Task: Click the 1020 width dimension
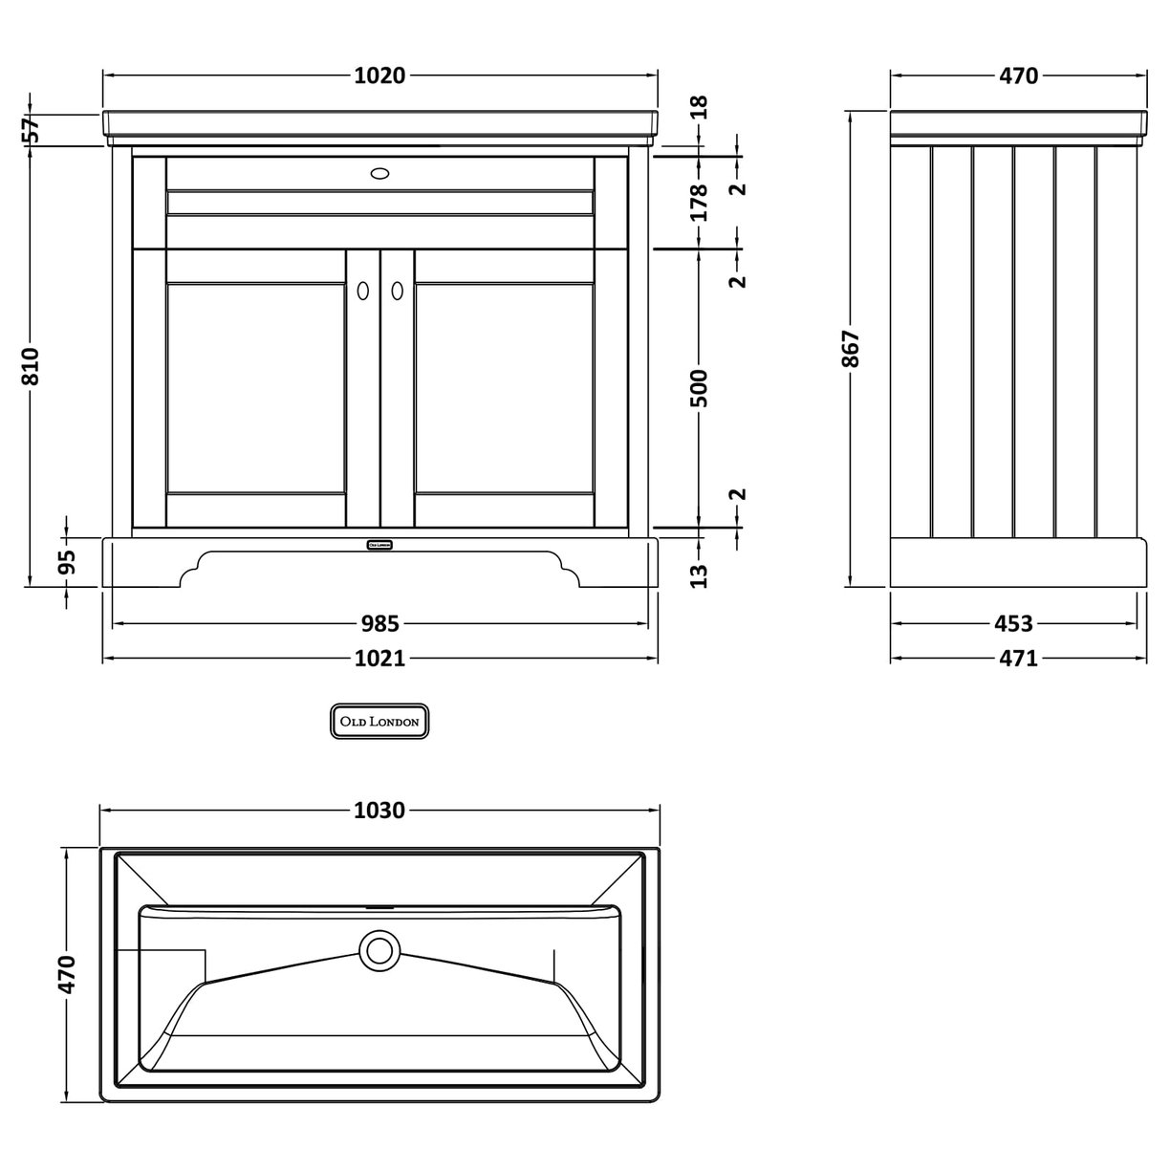(x=380, y=76)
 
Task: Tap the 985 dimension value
(x=379, y=624)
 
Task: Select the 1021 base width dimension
(x=380, y=659)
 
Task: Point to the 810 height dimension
(x=32, y=367)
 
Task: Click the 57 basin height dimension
(x=32, y=130)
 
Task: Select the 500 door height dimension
(x=700, y=387)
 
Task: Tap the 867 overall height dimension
(x=852, y=349)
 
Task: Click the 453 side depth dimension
(x=1013, y=624)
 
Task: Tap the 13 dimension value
(x=700, y=574)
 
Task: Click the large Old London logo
(x=379, y=722)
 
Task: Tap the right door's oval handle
(x=397, y=291)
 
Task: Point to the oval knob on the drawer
(x=379, y=174)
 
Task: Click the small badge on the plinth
(x=379, y=545)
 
